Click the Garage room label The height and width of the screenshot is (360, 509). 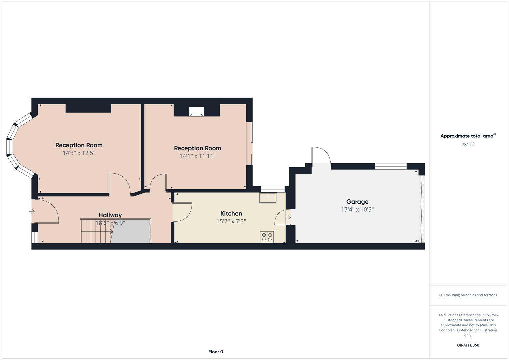357,202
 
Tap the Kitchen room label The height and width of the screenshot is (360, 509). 231,213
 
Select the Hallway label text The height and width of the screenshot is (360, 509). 110,215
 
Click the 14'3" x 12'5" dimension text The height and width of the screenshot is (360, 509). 79,153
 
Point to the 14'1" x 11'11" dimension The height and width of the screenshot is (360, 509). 197,156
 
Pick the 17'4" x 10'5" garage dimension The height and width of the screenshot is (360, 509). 357,210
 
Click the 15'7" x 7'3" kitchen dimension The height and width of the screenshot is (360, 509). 231,221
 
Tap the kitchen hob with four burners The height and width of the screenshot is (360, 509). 267,237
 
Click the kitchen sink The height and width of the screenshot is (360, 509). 268,198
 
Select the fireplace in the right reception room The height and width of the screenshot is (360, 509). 196,112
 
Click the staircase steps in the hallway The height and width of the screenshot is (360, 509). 96,231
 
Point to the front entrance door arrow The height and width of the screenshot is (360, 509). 32,211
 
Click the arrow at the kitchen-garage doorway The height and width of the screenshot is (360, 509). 288,217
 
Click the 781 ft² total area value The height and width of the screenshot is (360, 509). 468,145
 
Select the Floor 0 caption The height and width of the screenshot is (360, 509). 215,352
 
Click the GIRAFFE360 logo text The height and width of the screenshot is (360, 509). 468,345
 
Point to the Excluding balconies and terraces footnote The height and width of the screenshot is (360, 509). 468,295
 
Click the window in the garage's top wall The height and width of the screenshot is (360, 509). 391,166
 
